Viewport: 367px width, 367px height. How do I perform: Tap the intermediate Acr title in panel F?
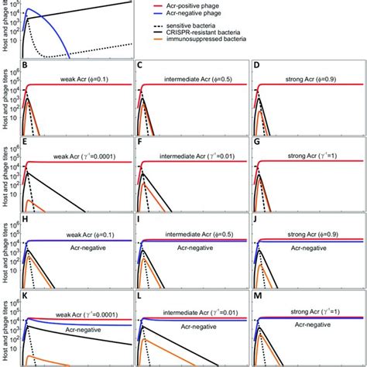[x=194, y=156]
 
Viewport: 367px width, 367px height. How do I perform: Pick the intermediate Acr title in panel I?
[x=194, y=230]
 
